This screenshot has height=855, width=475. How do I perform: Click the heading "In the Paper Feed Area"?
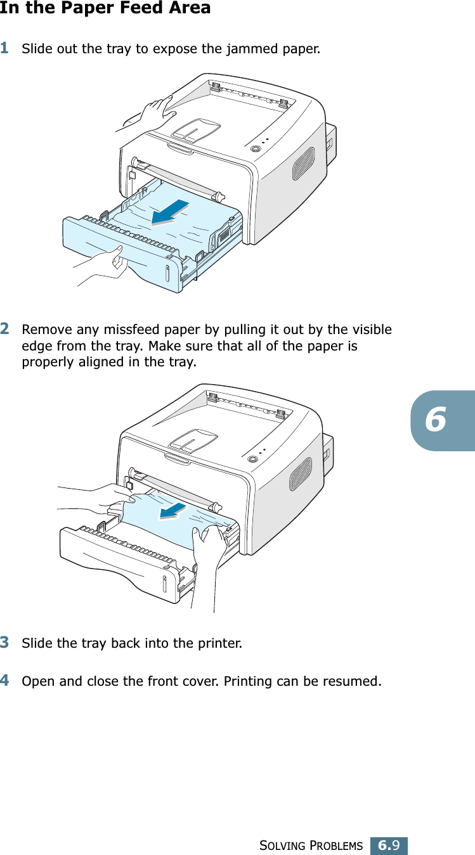click(105, 8)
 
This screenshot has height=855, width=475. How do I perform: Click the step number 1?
click(4, 47)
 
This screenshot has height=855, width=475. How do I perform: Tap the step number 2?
click(4, 328)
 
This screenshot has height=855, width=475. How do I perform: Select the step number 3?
click(4, 642)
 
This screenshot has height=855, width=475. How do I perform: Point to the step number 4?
click(4, 681)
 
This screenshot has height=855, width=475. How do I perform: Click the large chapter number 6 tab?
click(437, 420)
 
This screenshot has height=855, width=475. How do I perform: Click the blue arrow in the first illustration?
click(171, 212)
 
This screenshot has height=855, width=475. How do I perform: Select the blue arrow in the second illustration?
click(174, 510)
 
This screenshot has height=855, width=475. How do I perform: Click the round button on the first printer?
click(255, 148)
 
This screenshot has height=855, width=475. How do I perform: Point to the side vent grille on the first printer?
click(303, 163)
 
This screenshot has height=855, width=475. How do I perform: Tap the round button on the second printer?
click(254, 458)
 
